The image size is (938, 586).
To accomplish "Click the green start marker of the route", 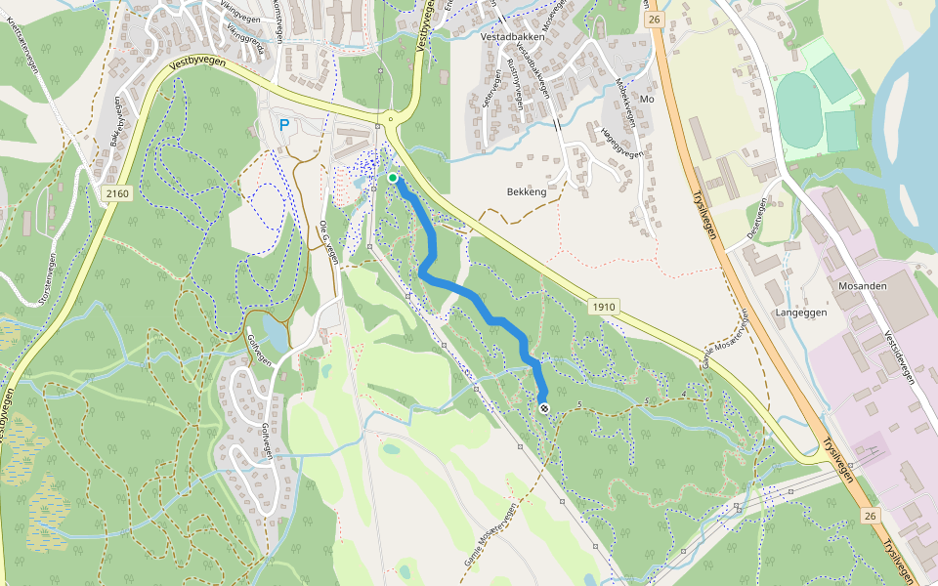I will click(393, 178).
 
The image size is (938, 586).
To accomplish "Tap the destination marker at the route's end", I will click(543, 409).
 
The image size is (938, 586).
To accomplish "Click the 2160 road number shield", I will click(116, 193).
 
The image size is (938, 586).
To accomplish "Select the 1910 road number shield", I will click(604, 307).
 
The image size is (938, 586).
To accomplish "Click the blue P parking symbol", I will click(284, 125).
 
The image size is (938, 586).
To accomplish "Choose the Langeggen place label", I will click(801, 313).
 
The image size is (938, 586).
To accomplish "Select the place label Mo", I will click(645, 100).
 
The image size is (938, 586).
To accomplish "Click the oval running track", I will click(798, 110).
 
